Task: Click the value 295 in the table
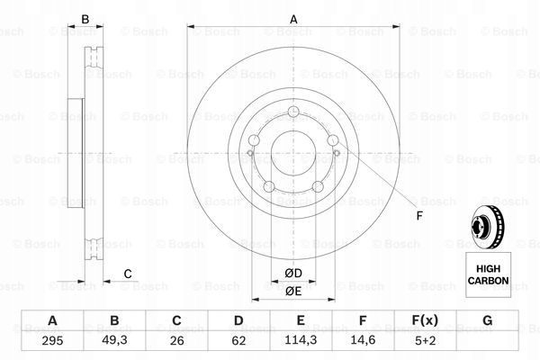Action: point(52,341)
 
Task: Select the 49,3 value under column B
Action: point(114,340)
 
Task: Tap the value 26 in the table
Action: point(176,341)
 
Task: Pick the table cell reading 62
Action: point(238,341)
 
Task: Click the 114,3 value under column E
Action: point(301,340)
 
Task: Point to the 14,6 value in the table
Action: point(363,340)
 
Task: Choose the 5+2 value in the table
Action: point(426,341)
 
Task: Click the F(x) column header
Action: point(425,320)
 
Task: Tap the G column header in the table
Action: point(487,320)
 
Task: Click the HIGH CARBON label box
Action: point(488,274)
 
